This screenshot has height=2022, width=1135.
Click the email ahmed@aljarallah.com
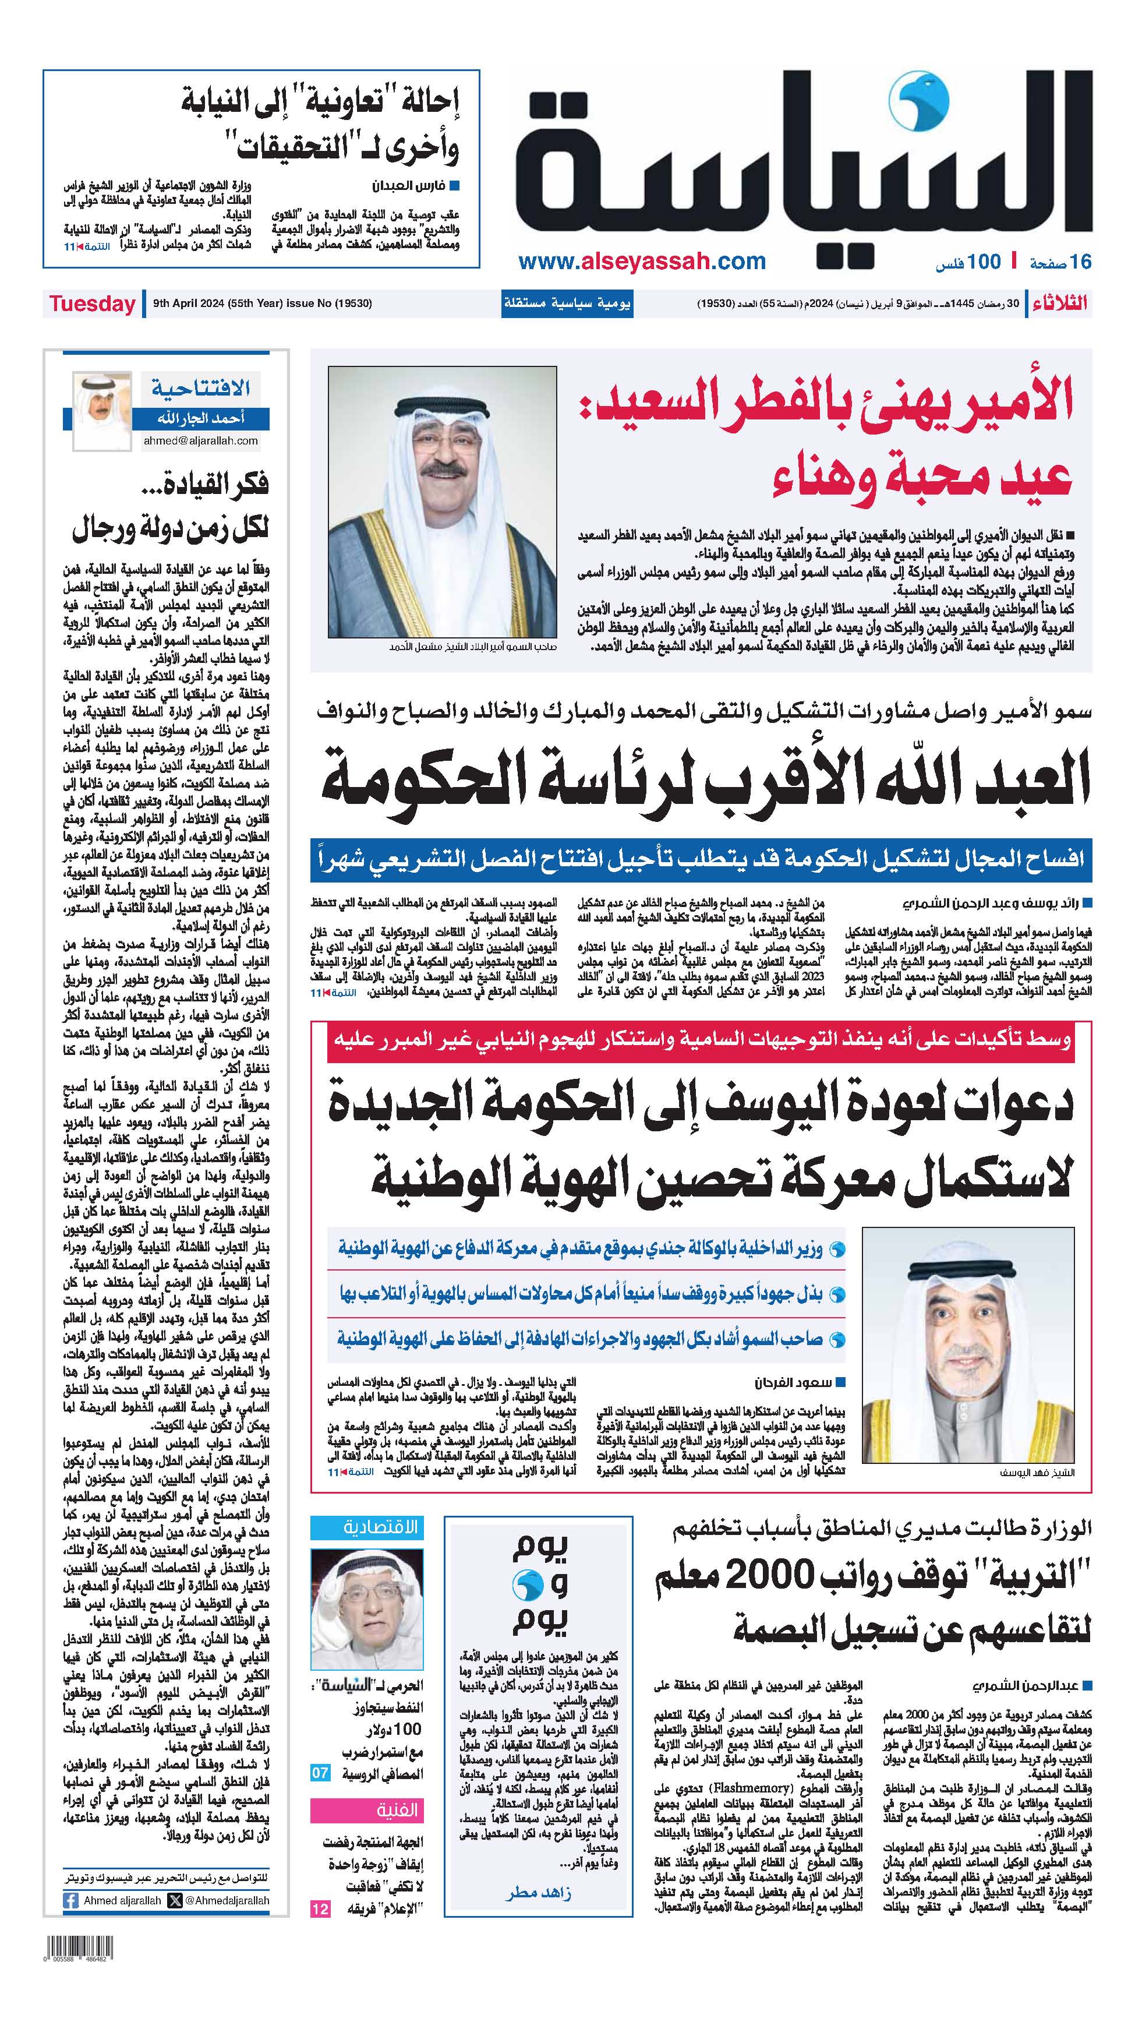coord(200,441)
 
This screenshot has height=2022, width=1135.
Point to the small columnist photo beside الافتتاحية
coord(102,411)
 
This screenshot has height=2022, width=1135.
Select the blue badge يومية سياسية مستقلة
coord(566,304)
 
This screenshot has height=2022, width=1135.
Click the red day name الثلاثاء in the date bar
coord(1060,304)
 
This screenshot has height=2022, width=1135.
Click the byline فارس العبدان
coord(408,187)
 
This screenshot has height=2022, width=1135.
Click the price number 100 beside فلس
coord(984,262)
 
